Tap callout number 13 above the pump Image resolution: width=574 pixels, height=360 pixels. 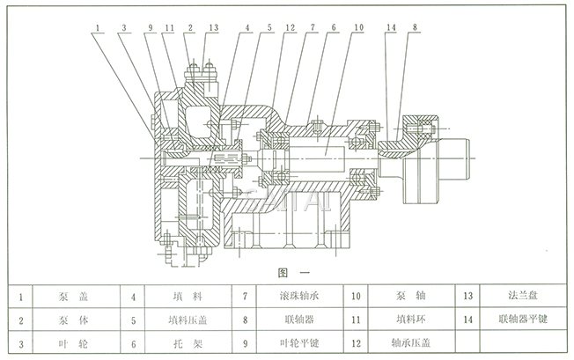tap(214, 28)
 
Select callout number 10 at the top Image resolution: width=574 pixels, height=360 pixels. tap(357, 28)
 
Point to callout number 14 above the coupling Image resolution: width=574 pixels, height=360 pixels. tap(391, 28)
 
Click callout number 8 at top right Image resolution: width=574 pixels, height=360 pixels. tap(414, 28)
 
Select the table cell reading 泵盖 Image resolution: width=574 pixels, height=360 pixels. tap(81, 297)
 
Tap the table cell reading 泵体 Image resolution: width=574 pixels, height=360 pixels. tap(81, 318)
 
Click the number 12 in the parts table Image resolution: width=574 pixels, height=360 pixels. tap(357, 339)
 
